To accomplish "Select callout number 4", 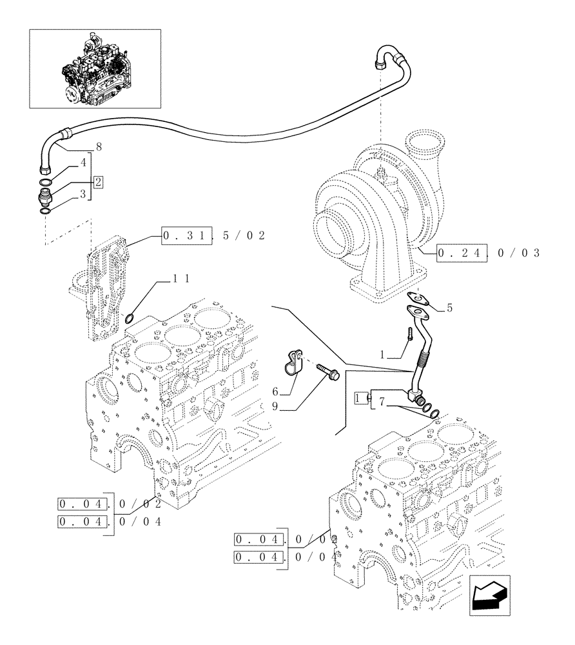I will (83, 163).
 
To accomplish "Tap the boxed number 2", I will (97, 181).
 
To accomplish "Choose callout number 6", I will (275, 392).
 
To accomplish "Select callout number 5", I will (449, 308).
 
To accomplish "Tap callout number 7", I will (382, 402).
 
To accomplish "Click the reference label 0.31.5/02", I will (213, 236).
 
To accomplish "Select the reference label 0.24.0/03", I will (488, 252).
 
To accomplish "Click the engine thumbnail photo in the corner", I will (95, 68).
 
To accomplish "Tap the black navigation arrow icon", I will (489, 593).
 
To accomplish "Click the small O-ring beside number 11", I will (129, 317).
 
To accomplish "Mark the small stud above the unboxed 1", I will (409, 335).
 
